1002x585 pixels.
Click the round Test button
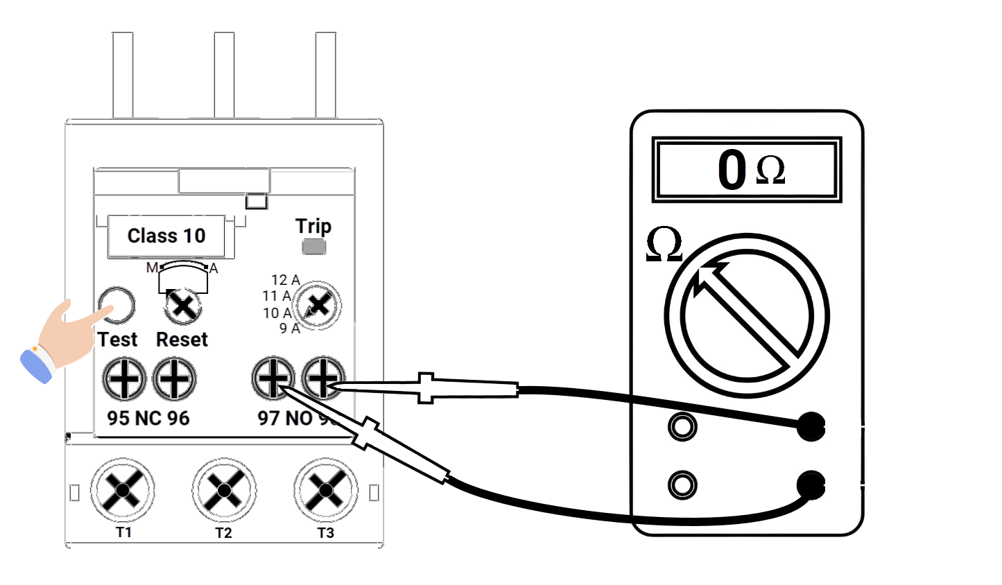[116, 306]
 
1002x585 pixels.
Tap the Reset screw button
[183, 306]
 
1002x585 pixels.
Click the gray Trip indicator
[314, 247]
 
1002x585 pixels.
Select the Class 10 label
[166, 236]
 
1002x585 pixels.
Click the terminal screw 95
[124, 379]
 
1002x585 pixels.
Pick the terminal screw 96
[174, 379]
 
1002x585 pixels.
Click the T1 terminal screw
[123, 490]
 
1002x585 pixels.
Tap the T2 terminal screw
[224, 490]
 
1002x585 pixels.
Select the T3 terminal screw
[325, 490]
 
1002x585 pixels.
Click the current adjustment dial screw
[318, 305]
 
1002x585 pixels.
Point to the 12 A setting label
[285, 280]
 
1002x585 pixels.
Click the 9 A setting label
[290, 329]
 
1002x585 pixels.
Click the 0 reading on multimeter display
[732, 169]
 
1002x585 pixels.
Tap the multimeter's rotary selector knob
[747, 315]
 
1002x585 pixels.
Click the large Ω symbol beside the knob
[664, 245]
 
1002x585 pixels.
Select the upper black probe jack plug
[810, 426]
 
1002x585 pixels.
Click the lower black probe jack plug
[810, 484]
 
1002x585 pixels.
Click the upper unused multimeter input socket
[682, 426]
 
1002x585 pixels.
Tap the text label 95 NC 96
[148, 418]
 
